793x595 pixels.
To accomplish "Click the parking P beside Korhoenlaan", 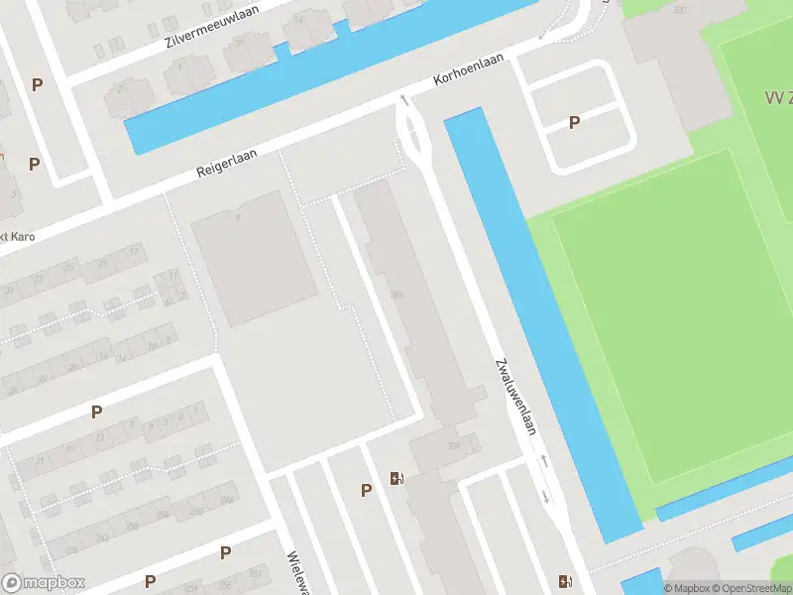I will pyautogui.click(x=574, y=122).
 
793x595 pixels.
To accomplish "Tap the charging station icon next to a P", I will pyautogui.click(x=397, y=479).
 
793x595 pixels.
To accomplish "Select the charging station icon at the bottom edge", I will pyautogui.click(x=565, y=581).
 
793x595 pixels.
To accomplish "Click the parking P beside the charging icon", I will pyautogui.click(x=367, y=490).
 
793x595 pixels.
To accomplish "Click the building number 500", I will pyautogui.click(x=679, y=11).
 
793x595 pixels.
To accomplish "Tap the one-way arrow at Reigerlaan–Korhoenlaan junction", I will pyautogui.click(x=403, y=99).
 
